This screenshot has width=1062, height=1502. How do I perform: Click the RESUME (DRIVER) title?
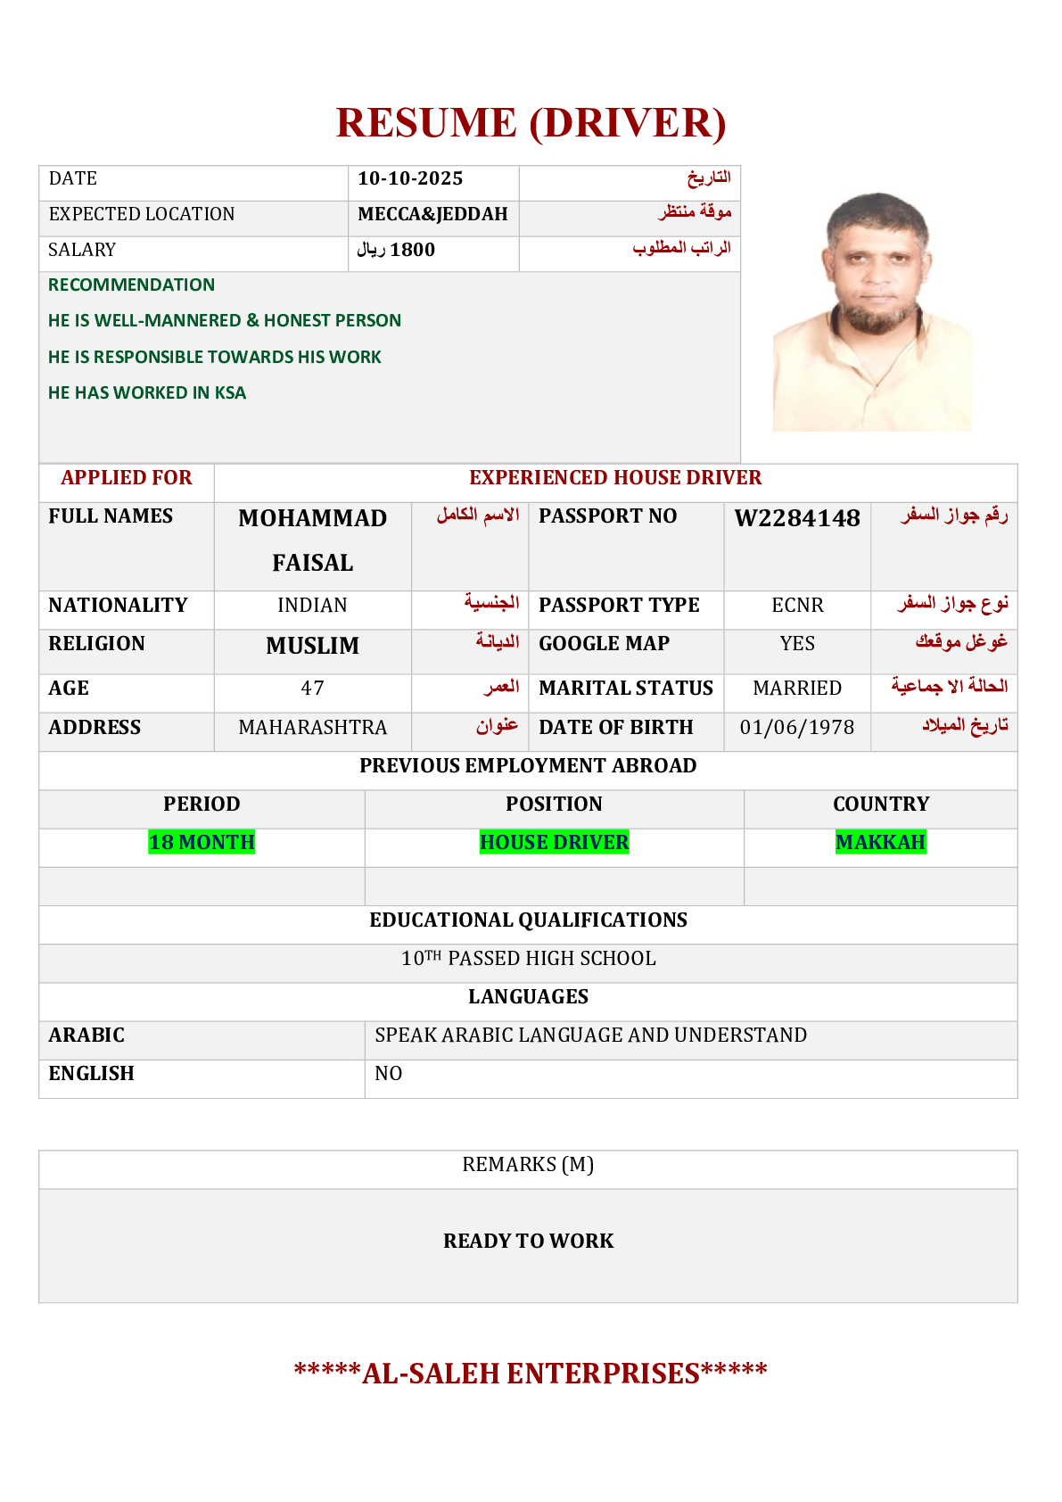tap(531, 123)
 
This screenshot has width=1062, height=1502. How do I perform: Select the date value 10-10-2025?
tap(410, 178)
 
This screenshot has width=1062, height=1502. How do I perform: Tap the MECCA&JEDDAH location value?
tap(432, 214)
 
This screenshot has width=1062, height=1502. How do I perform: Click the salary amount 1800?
tap(412, 250)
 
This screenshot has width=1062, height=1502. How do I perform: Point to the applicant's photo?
tap(872, 312)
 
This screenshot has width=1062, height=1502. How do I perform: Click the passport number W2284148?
tap(796, 518)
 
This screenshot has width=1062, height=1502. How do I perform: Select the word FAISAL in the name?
tap(312, 563)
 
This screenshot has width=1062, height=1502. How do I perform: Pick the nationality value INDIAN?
tap(312, 606)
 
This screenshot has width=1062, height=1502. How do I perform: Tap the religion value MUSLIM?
tap(312, 646)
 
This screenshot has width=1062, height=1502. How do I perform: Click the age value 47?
tap(312, 689)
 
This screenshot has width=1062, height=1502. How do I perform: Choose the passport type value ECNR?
tap(797, 606)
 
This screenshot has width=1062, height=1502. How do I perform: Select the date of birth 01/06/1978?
tap(796, 728)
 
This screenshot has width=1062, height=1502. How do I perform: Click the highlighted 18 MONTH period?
tap(202, 842)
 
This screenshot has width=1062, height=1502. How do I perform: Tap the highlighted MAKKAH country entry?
tap(880, 842)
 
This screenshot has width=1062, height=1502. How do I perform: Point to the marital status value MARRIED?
tap(796, 689)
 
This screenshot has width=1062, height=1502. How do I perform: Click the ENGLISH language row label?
tap(91, 1074)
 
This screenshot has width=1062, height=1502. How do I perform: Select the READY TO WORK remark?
tap(528, 1241)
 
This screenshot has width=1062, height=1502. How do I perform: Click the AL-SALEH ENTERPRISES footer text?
tap(531, 1373)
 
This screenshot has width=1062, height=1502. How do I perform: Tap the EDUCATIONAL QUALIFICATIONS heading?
tap(528, 920)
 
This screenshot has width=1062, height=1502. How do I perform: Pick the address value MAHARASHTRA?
tap(312, 728)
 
